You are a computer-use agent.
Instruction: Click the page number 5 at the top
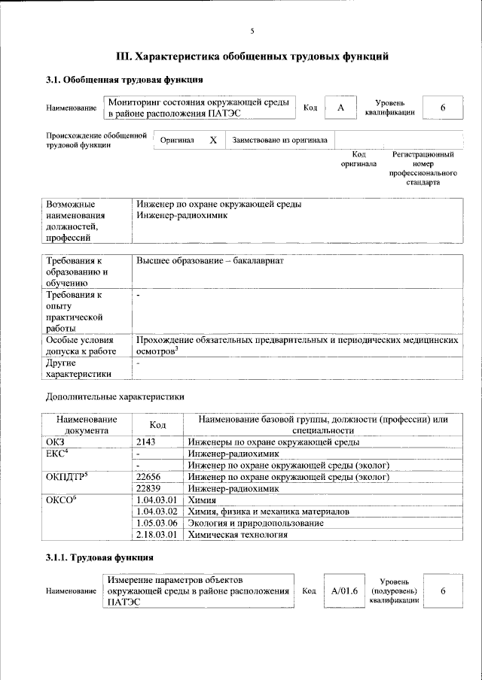coord(252,31)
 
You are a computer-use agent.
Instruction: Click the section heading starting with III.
coord(252,56)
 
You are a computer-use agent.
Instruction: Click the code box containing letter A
coord(340,108)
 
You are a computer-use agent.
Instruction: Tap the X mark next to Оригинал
coord(213,140)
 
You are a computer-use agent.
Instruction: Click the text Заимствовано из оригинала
coord(279,140)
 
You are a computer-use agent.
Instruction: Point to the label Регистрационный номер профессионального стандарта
coord(423,168)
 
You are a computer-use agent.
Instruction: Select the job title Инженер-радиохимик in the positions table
coord(182,215)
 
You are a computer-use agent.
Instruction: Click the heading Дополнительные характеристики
coord(114,396)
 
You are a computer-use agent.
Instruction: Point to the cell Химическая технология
coord(238,535)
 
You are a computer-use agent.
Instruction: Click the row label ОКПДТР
coord(68,477)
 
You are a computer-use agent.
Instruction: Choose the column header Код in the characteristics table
coord(157,424)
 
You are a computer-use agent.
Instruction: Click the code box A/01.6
coord(343,591)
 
